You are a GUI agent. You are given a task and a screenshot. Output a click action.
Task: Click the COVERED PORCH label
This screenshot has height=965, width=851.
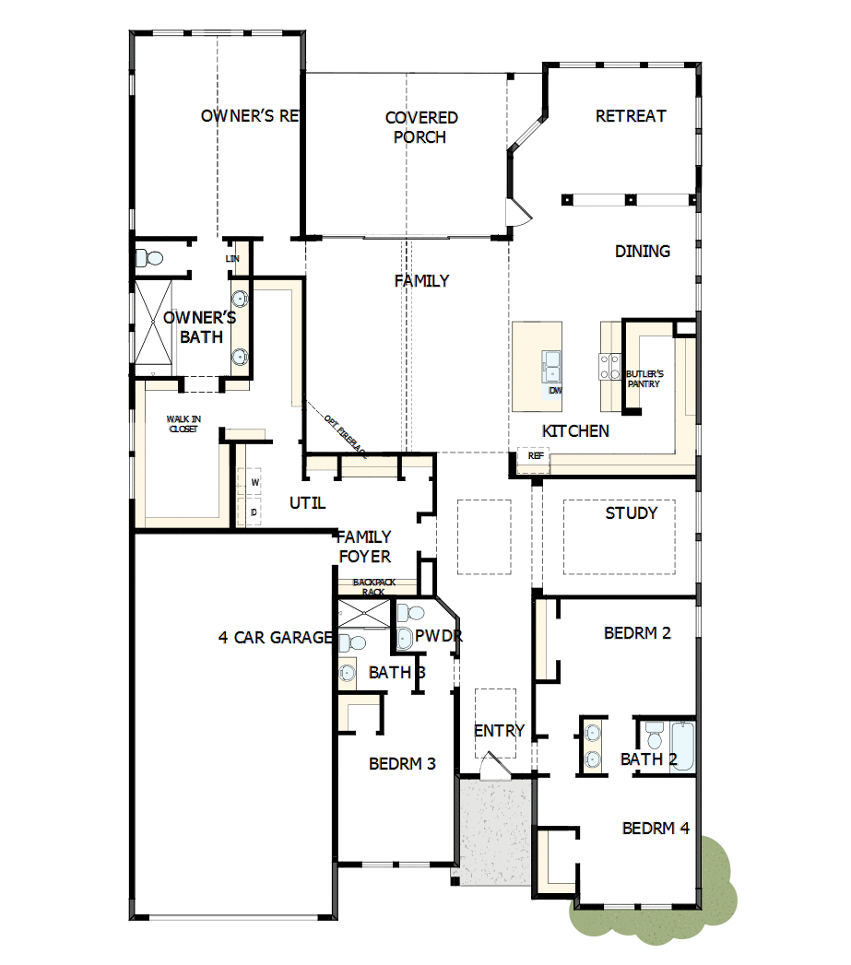point(420,127)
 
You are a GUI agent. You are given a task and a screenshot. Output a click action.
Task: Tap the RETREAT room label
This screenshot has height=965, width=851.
point(631,116)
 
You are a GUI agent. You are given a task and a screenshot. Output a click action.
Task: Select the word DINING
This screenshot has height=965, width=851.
point(643,251)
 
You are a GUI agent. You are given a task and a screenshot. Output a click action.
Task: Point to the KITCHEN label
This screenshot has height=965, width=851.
point(575,430)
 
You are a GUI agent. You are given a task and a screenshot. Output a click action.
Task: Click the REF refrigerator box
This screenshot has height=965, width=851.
point(535,455)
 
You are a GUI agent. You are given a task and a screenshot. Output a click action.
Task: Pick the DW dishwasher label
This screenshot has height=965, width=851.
point(555,391)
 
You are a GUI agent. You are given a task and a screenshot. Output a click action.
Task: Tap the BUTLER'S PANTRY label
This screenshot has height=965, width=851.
point(644,378)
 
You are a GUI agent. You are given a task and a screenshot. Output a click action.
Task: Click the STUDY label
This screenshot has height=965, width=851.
point(632,512)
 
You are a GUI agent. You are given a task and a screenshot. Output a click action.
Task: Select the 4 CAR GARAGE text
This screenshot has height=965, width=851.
point(275,637)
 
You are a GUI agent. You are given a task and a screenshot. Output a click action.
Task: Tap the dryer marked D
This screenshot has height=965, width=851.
point(254,512)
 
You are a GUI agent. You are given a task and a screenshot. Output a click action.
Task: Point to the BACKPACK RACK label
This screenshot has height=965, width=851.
point(372,587)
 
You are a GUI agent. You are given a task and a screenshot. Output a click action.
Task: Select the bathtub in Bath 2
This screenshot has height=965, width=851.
point(682,747)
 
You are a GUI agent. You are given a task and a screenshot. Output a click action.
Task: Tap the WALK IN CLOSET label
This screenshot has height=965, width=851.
point(183,424)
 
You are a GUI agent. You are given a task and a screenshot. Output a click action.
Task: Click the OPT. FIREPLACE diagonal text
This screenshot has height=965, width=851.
point(345,435)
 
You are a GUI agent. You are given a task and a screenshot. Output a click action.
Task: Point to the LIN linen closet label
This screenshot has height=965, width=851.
point(232,259)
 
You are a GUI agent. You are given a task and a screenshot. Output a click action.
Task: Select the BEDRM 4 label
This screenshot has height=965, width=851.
point(656,828)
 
